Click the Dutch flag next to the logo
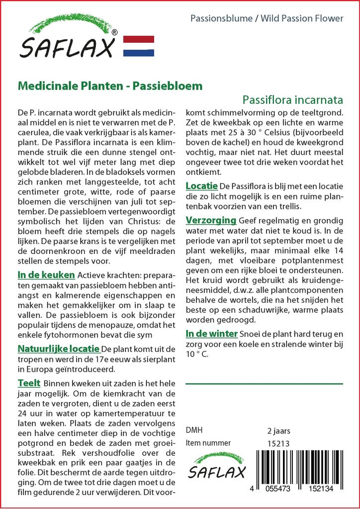[x=138, y=46]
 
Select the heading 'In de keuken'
[x=46, y=275]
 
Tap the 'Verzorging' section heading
[x=211, y=220]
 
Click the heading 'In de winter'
[x=211, y=333]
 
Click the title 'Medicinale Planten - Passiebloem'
[x=110, y=85]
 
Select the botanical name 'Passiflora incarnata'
[x=293, y=99]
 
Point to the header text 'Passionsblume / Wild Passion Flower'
[x=267, y=18]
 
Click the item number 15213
[x=278, y=443]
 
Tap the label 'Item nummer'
[x=208, y=443]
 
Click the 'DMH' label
[x=194, y=430]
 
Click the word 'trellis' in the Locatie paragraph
[x=288, y=206]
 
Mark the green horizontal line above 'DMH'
[x=264, y=384]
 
